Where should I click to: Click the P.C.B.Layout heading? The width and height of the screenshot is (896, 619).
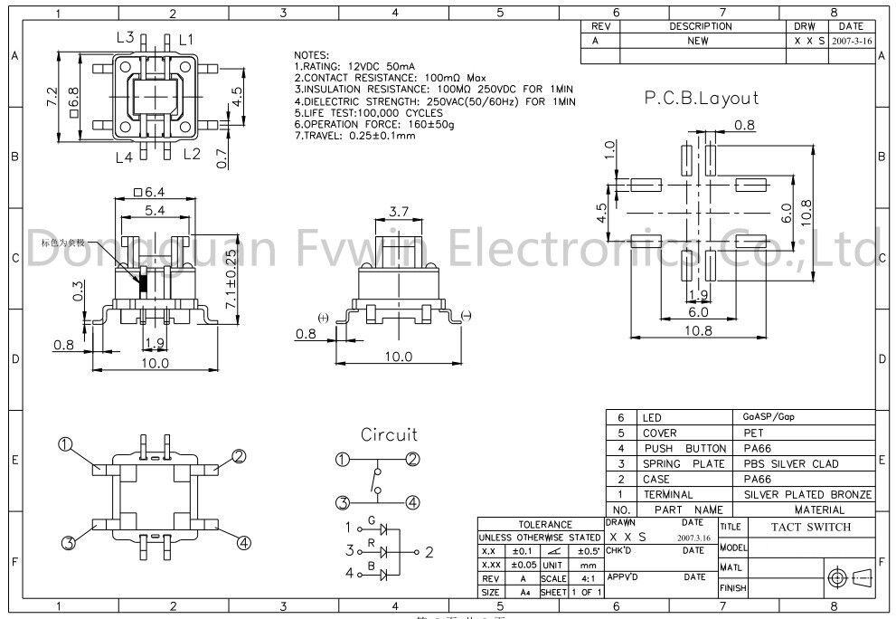click(x=701, y=99)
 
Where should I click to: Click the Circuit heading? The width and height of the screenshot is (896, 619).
click(x=389, y=434)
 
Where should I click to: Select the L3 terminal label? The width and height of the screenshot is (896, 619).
click(x=126, y=38)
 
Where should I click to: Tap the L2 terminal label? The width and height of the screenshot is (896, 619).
click(x=191, y=153)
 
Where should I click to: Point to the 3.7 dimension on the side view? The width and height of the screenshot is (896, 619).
click(x=399, y=212)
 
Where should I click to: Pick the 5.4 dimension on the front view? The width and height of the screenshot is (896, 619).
click(x=155, y=210)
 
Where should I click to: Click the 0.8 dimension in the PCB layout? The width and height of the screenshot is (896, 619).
click(x=744, y=126)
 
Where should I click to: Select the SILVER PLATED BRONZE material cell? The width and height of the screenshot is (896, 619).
click(x=807, y=495)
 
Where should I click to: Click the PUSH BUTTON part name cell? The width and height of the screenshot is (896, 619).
click(x=684, y=449)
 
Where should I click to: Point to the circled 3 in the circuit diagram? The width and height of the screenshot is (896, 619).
click(x=342, y=503)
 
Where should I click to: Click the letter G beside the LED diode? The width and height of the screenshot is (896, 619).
click(x=371, y=523)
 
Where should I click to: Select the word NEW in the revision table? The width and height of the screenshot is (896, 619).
click(x=698, y=41)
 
